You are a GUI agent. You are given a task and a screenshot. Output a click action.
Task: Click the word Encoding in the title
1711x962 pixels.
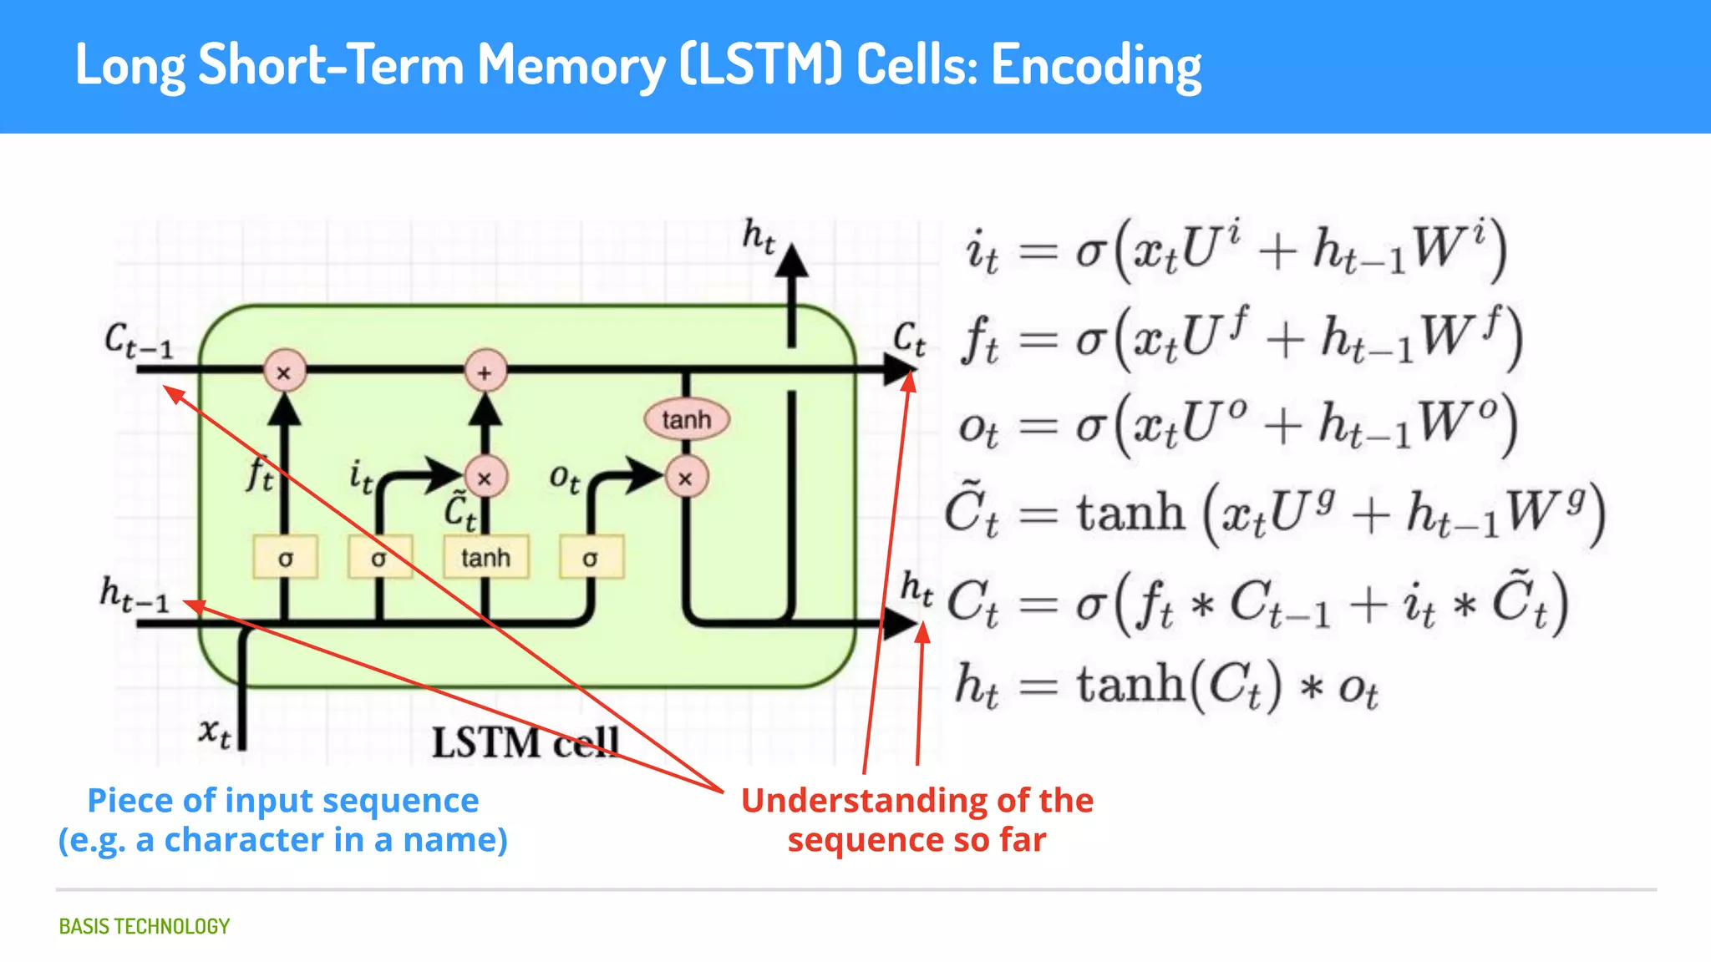[1096, 65]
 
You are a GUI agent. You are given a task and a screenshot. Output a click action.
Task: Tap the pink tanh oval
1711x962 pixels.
[686, 419]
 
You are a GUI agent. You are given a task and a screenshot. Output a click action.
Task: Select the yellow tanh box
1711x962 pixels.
[485, 557]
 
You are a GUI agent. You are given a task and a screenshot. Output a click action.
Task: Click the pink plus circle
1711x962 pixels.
[485, 372]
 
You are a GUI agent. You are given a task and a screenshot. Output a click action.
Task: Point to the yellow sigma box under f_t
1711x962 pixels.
[285, 557]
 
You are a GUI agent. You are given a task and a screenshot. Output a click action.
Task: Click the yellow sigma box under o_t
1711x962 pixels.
[590, 557]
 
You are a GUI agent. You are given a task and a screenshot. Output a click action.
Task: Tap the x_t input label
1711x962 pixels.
[215, 732]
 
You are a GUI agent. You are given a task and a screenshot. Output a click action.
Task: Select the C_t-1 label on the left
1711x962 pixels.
[139, 341]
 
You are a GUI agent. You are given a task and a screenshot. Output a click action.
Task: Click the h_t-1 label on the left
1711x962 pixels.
[134, 594]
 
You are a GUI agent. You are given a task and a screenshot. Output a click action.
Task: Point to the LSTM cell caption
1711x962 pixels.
[525, 742]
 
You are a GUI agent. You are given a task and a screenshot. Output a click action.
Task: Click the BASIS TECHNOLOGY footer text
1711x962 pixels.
[144, 926]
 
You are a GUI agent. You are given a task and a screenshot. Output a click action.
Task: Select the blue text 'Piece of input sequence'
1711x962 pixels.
[283, 800]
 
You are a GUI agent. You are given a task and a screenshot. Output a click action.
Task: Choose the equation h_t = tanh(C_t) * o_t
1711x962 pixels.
[1166, 686]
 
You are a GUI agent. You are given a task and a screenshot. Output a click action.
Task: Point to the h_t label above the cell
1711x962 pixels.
[759, 235]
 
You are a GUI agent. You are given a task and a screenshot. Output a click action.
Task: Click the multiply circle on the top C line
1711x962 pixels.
[284, 372]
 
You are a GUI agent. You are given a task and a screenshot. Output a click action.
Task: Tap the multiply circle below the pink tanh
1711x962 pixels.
[686, 478]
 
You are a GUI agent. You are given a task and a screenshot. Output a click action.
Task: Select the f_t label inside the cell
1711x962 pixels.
[260, 474]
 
